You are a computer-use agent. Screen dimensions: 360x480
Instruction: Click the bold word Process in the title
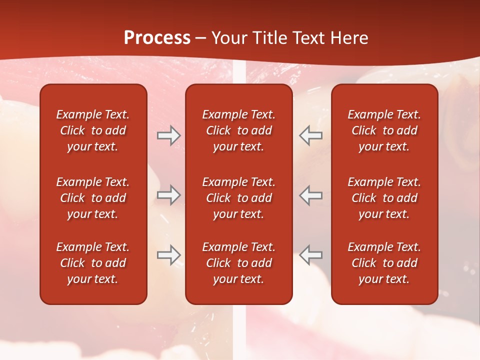(157, 38)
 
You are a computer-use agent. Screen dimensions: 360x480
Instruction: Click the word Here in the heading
(349, 38)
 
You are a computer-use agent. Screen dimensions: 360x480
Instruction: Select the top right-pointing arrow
(168, 135)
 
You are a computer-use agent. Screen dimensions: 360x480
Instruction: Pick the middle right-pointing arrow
(168, 195)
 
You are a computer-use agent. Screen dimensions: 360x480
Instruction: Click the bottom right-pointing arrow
(168, 254)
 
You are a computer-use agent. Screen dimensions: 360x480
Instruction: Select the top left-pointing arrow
(310, 135)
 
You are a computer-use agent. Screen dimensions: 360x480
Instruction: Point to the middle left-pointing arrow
(310, 195)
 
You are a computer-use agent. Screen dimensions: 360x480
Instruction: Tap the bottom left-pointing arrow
(310, 254)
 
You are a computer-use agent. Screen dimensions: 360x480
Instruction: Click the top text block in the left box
(93, 130)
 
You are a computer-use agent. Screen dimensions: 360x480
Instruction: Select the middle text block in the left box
(93, 198)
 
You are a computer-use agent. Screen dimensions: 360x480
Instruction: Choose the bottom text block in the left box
(93, 263)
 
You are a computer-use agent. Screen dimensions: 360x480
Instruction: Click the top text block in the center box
(239, 130)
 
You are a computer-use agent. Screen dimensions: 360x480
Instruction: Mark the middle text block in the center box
(239, 198)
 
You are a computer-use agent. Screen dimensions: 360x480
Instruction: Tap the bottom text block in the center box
(239, 263)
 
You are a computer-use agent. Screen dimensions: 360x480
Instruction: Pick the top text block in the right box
(384, 130)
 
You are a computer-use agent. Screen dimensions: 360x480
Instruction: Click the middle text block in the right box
(384, 198)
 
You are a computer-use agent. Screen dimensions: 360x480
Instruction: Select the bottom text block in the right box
(384, 263)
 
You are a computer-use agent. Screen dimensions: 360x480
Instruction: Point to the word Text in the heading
(310, 38)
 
